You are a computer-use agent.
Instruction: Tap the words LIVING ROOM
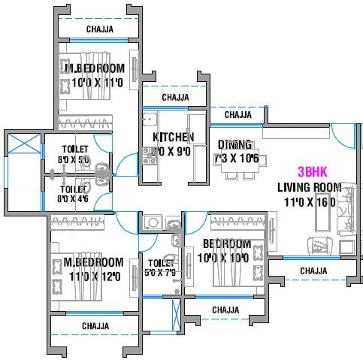coord(309,187)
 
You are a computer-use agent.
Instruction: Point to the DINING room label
coord(234,144)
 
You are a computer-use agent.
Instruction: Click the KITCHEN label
coord(174,138)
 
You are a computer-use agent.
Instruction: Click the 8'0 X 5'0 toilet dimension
coord(74,160)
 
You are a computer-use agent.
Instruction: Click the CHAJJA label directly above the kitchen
coord(175,98)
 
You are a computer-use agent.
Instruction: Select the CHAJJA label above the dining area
coord(238,115)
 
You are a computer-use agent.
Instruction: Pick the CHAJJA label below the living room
coord(313,271)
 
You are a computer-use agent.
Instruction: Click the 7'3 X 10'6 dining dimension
coord(236,158)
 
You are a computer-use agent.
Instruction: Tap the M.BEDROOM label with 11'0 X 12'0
coord(88,262)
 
